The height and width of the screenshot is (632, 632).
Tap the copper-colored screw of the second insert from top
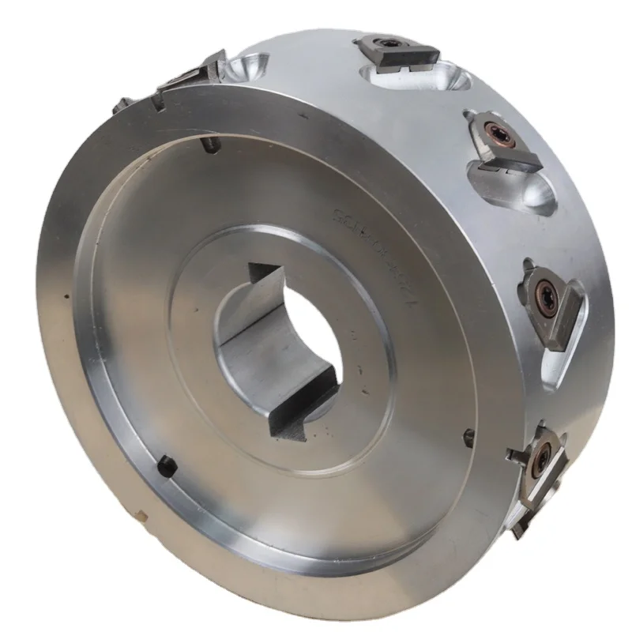pyautogui.click(x=495, y=130)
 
